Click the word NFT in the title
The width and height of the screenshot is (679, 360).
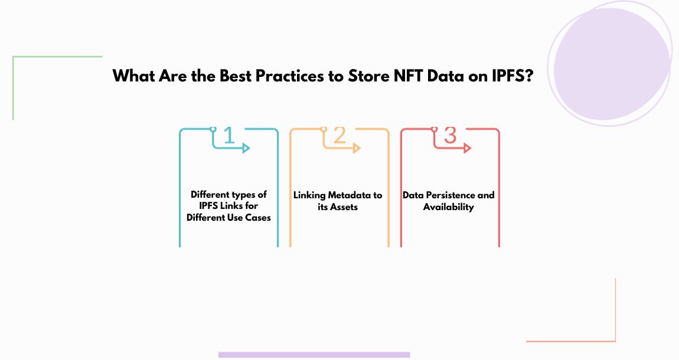click(403, 77)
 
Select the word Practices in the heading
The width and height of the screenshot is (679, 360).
click(289, 77)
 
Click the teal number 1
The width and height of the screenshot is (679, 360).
click(229, 135)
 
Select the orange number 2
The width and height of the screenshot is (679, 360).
click(339, 135)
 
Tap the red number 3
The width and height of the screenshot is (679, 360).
click(450, 135)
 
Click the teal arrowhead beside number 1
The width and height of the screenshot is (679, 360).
click(246, 149)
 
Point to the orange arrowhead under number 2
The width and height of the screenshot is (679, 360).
click(357, 149)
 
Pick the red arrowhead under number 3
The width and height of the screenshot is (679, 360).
click(467, 149)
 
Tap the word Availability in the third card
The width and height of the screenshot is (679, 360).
click(449, 207)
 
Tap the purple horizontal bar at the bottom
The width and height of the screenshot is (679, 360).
click(314, 355)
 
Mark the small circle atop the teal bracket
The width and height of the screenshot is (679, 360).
click(213, 128)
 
